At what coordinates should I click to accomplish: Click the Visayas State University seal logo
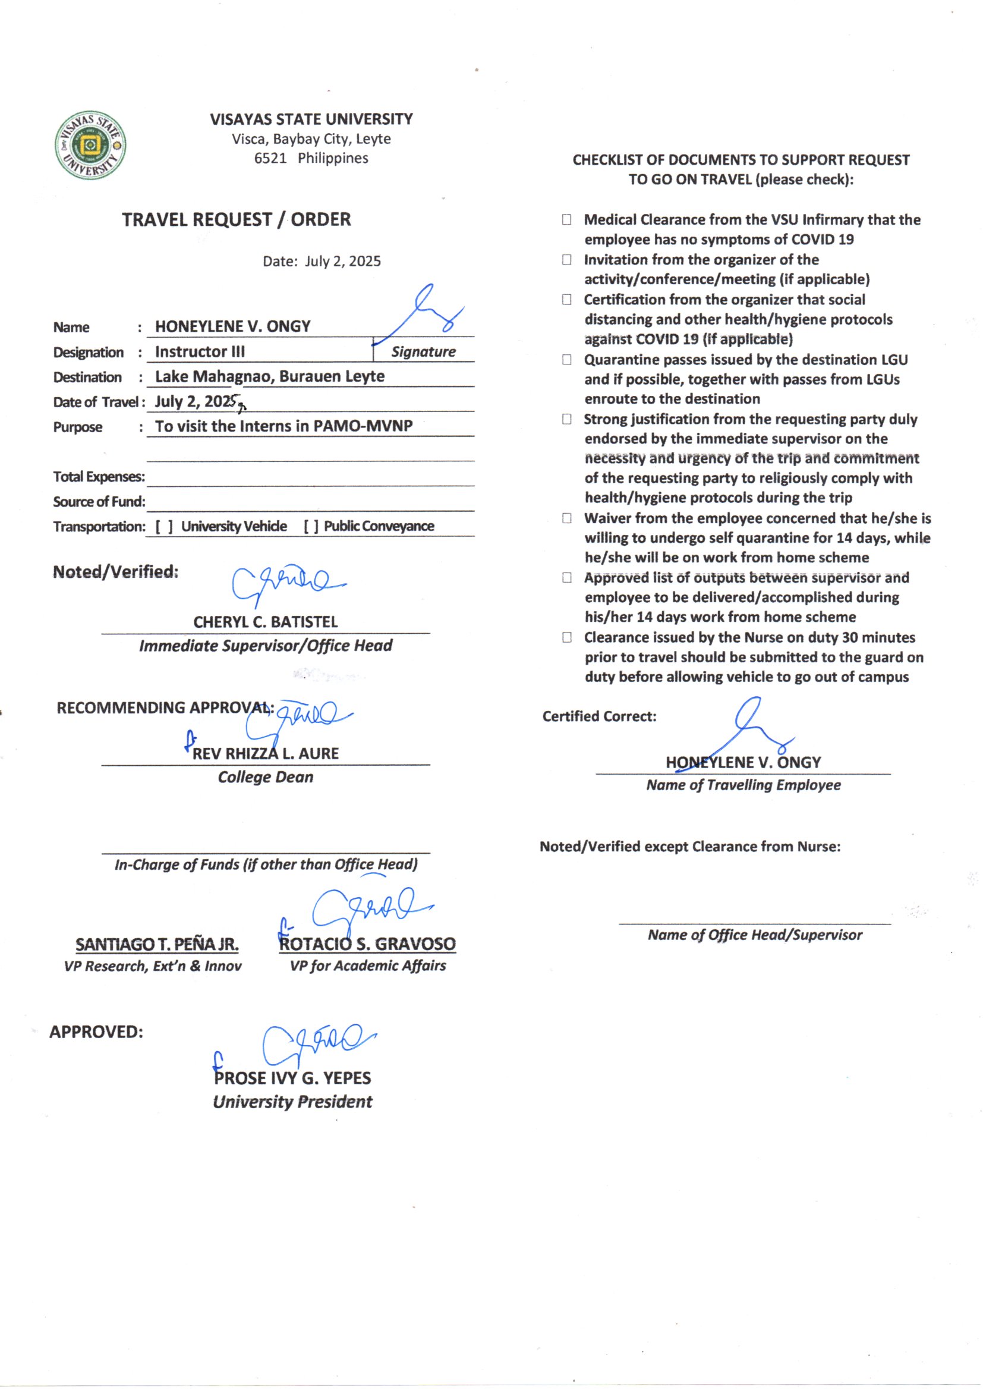click(90, 145)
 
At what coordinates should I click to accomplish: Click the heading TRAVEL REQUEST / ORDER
click(236, 219)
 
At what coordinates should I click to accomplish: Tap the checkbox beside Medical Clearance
click(566, 220)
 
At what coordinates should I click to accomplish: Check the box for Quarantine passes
click(566, 360)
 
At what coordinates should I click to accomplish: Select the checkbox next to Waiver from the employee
click(566, 518)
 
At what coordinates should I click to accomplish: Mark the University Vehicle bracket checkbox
click(163, 527)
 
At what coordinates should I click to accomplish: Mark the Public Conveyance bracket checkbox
click(311, 527)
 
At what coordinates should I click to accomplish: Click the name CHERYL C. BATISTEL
click(265, 622)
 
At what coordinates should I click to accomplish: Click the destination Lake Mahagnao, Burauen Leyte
click(269, 376)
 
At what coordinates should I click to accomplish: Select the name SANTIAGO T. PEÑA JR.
click(157, 945)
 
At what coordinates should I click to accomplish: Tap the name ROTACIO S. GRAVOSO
click(367, 944)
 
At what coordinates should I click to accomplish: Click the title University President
click(292, 1102)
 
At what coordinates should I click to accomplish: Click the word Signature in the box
click(423, 352)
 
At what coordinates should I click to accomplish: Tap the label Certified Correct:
click(599, 716)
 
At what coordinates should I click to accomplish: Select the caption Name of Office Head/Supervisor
click(755, 935)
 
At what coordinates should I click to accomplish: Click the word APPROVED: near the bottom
click(96, 1032)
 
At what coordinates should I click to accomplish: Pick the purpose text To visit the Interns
click(283, 426)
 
